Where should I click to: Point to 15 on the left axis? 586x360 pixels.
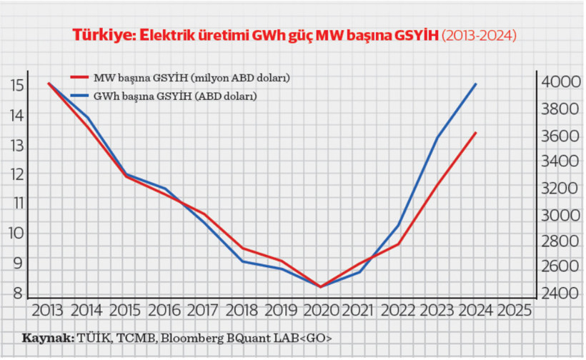18,86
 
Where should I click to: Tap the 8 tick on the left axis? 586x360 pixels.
18,291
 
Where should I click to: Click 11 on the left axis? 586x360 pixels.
18,203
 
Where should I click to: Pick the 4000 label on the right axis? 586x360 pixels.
557,82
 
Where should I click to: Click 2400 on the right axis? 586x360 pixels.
557,293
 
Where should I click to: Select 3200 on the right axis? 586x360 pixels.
557,188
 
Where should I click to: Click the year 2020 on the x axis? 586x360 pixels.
320,311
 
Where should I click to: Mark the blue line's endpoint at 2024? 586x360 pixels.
476,84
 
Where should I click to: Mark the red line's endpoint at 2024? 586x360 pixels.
476,132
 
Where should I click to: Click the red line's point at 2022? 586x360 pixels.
398,244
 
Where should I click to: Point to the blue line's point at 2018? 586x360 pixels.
243,261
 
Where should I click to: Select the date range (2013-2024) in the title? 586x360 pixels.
479,35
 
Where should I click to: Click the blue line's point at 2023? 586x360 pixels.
437,137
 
